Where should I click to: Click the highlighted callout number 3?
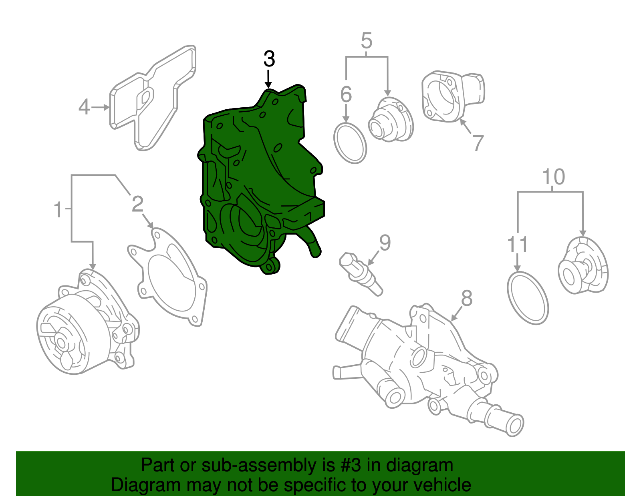click(x=269, y=59)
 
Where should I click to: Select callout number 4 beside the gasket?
click(x=84, y=107)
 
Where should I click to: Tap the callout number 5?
click(x=366, y=41)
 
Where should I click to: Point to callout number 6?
click(x=346, y=94)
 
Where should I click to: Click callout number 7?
click(x=478, y=143)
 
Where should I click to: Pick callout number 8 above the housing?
click(x=467, y=298)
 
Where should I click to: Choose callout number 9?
click(x=385, y=243)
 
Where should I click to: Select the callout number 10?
click(x=554, y=177)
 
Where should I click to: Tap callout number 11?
click(x=518, y=245)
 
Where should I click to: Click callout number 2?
click(x=137, y=204)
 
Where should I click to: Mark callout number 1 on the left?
click(x=58, y=210)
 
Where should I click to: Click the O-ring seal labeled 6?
click(x=350, y=143)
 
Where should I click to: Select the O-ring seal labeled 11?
click(x=528, y=298)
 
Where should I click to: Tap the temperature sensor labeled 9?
click(x=360, y=273)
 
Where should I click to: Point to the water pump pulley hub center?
click(x=61, y=342)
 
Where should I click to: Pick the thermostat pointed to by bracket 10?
click(x=583, y=266)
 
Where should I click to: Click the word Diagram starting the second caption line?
click(x=137, y=485)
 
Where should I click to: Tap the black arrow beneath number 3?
click(x=268, y=78)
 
